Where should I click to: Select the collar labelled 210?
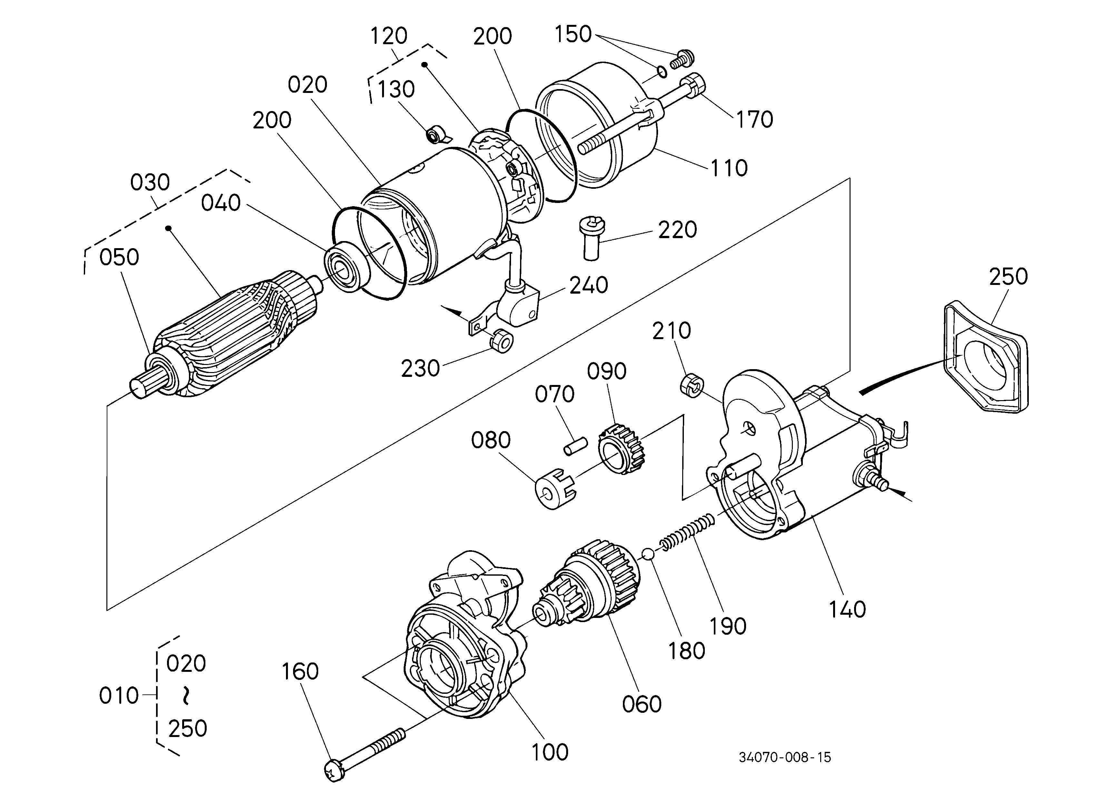pyautogui.click(x=692, y=386)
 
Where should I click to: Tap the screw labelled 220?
pyautogui.click(x=592, y=239)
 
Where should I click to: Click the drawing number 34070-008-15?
pyautogui.click(x=785, y=757)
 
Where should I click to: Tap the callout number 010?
pyautogui.click(x=119, y=696)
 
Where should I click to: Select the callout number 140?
pyautogui.click(x=847, y=609)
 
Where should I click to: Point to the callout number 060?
pyautogui.click(x=642, y=704)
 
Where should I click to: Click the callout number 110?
pyautogui.click(x=729, y=168)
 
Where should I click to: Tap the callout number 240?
pyautogui.click(x=589, y=285)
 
